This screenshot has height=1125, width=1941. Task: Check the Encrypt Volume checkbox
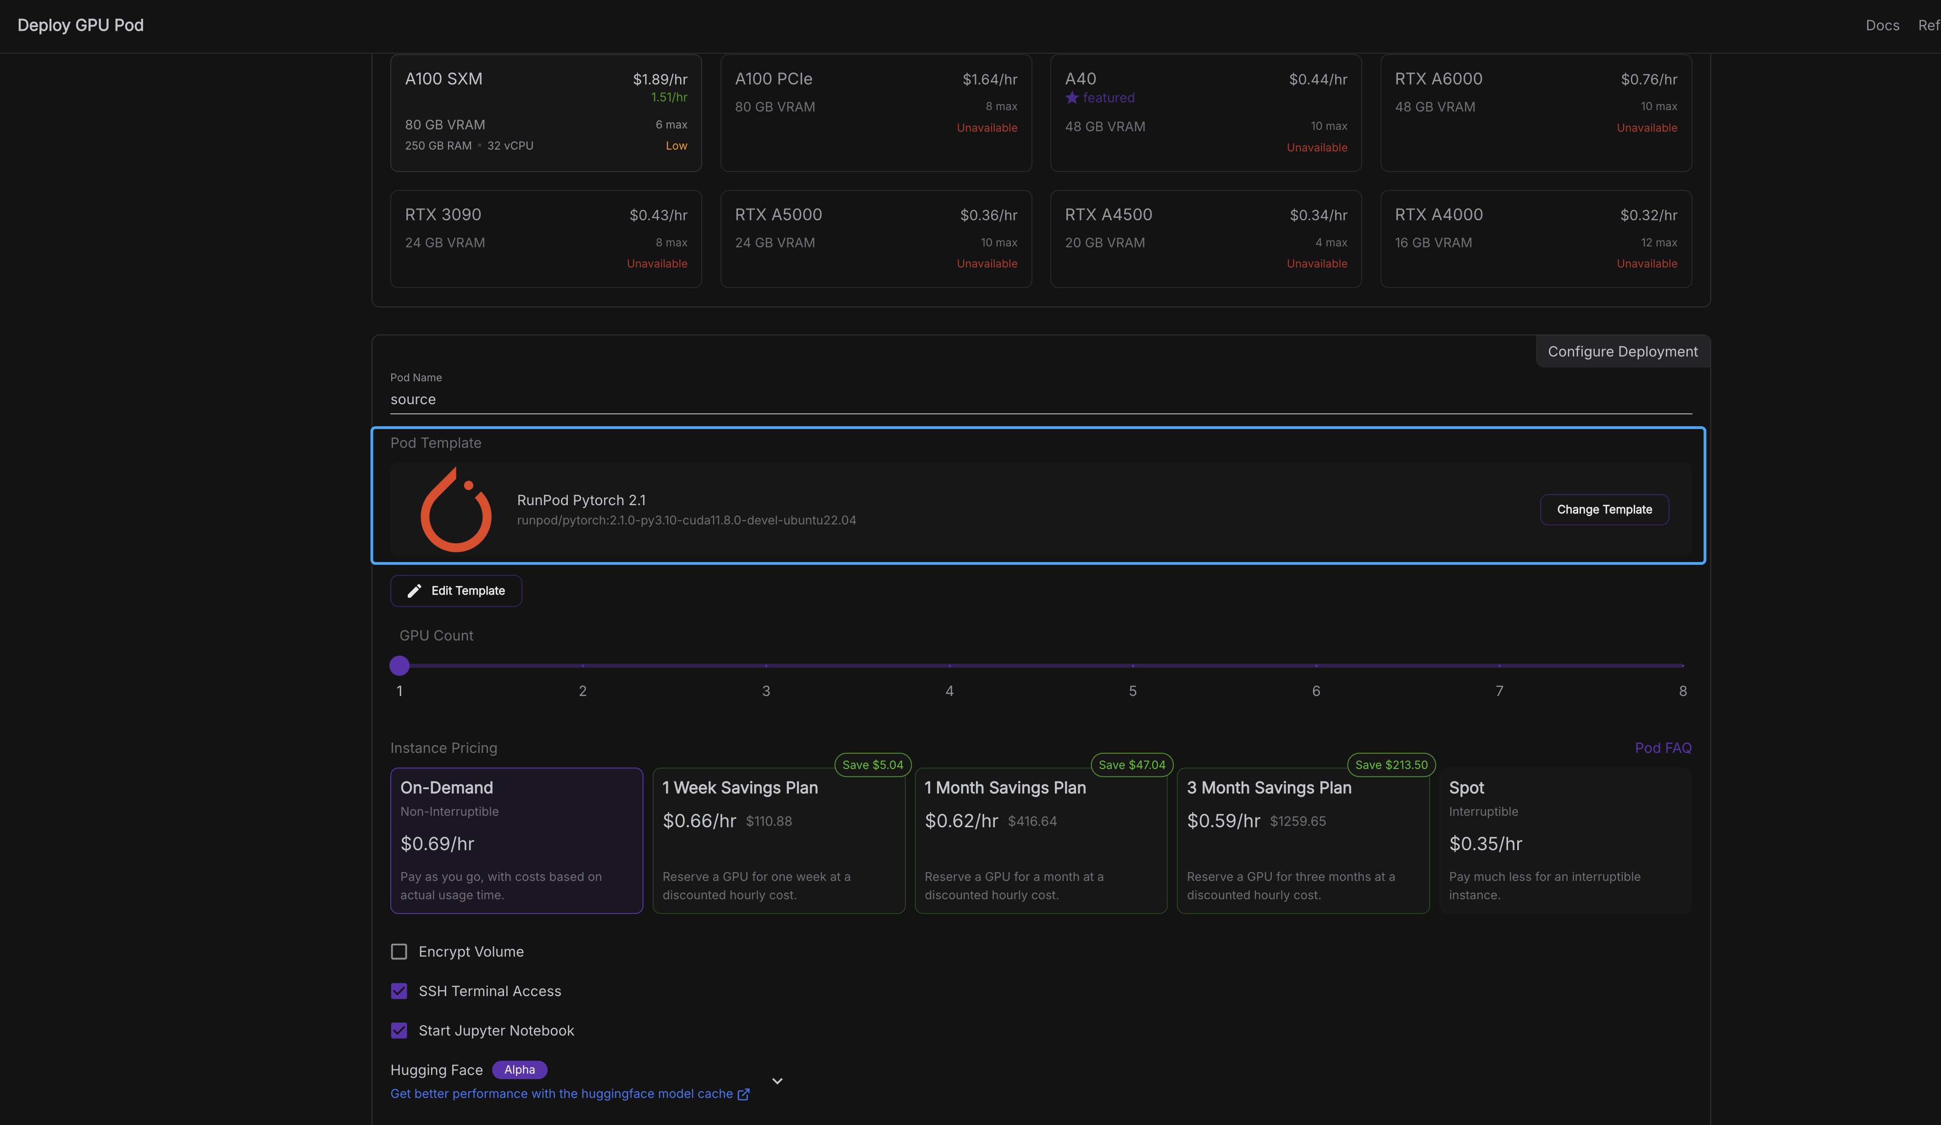[x=399, y=952]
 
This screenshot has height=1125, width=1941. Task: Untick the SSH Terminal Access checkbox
[x=399, y=991]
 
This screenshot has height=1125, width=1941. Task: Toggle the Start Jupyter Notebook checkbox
[x=399, y=1030]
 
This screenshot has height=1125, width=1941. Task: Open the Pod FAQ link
[x=1663, y=747]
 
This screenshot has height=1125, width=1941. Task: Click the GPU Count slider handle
[x=399, y=665]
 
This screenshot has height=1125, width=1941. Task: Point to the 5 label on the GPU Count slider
[x=1132, y=691]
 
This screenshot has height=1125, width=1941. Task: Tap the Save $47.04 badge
[x=1131, y=764]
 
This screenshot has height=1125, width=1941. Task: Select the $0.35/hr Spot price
[x=1485, y=844]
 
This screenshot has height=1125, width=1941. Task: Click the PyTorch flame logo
[x=456, y=510]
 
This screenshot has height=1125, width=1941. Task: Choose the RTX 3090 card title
[x=443, y=214]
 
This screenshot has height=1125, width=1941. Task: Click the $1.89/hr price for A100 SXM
[x=660, y=79]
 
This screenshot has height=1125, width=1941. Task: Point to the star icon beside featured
[x=1072, y=98]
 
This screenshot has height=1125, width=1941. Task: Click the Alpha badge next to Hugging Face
[x=519, y=1069]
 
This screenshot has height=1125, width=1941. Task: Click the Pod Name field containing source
[x=1041, y=399]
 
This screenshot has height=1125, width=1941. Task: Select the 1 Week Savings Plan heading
[x=739, y=787]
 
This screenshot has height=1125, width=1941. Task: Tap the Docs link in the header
[x=1882, y=25]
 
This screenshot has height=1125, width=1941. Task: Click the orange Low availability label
[x=676, y=145]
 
